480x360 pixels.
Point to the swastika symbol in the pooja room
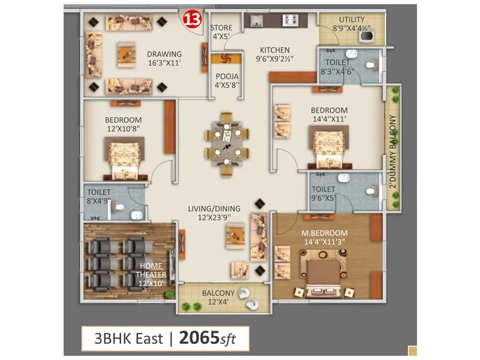[226, 61]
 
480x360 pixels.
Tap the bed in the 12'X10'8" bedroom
[127, 157]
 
